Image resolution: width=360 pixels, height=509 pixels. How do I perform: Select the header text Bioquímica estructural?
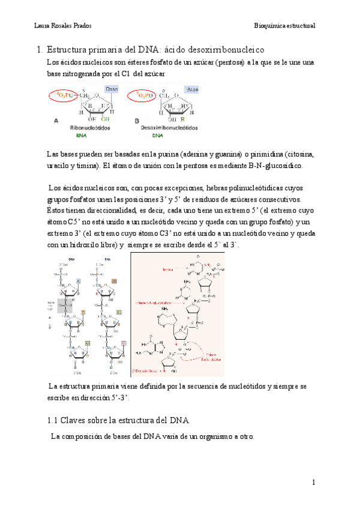285,26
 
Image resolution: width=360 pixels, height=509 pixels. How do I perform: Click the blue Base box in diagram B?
192,89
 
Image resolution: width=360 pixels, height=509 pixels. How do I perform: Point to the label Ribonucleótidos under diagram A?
90,128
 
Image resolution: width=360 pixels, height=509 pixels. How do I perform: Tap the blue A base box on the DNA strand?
79,280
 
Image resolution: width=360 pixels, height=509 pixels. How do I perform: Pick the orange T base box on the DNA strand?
82,311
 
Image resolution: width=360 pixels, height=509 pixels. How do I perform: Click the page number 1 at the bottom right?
313,483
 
